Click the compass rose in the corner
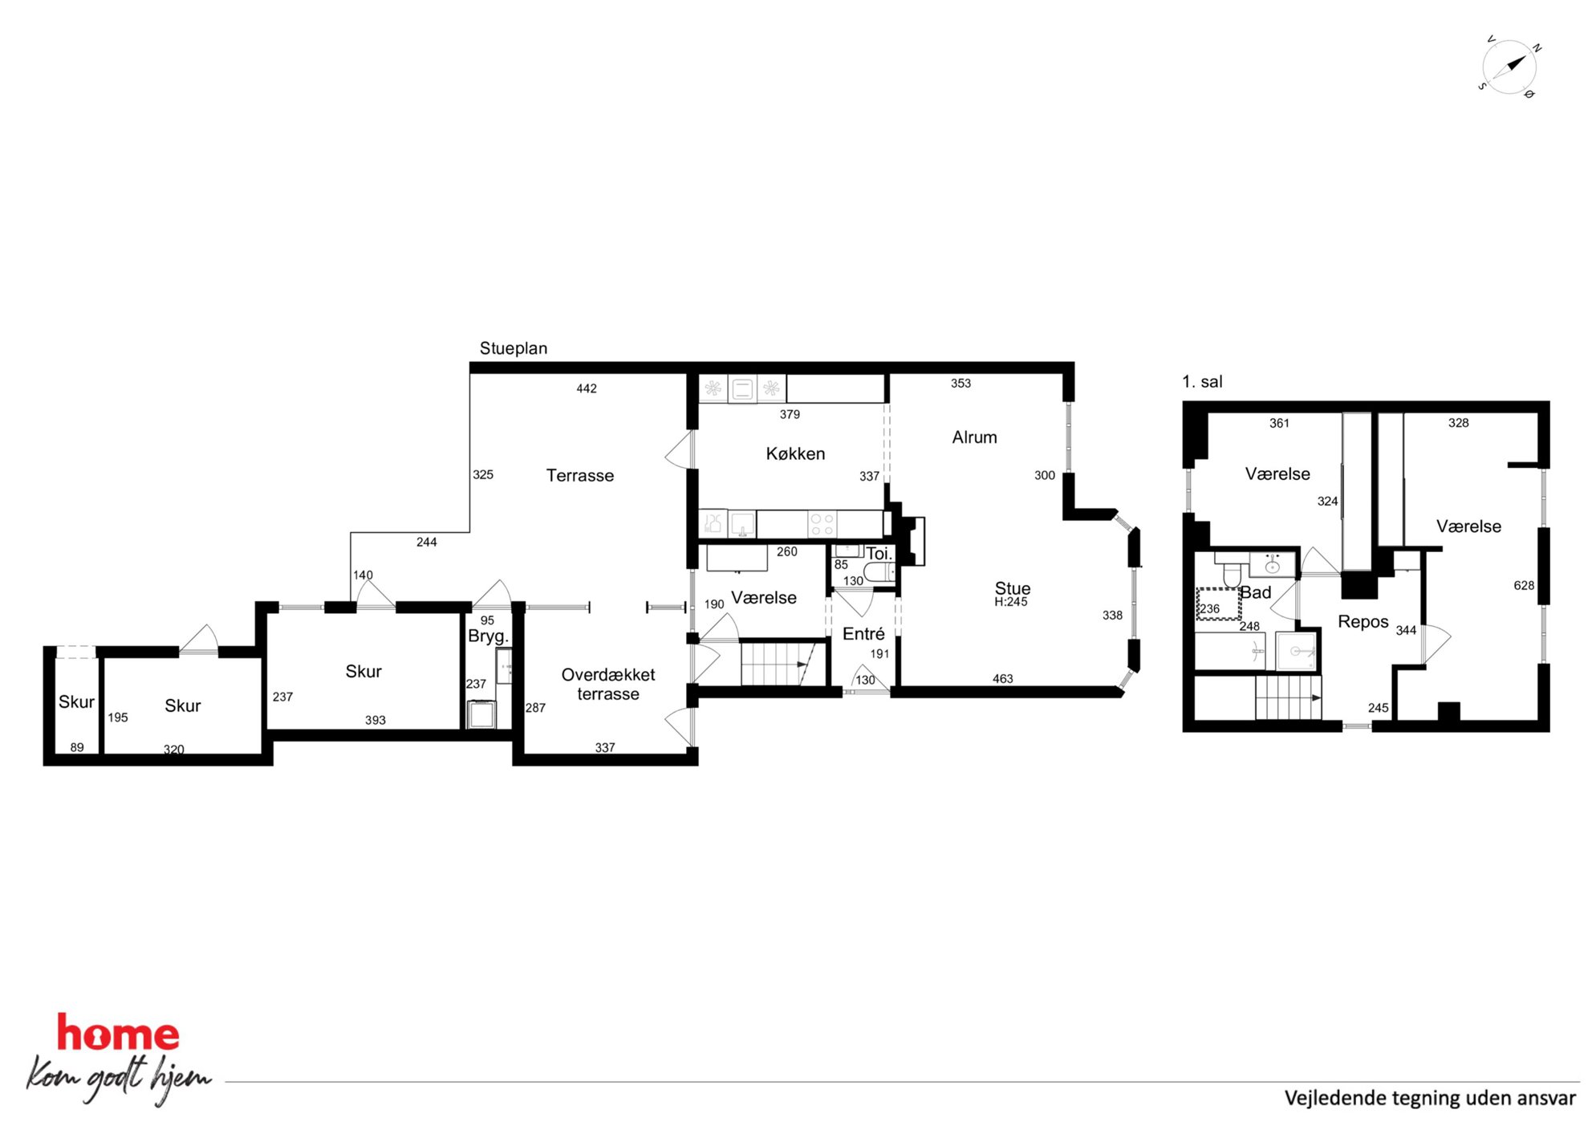(1509, 67)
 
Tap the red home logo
(118, 1033)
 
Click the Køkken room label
(795, 453)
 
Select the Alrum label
(974, 437)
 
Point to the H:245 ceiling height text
(1010, 602)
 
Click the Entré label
(863, 634)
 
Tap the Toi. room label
(879, 554)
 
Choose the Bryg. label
(488, 636)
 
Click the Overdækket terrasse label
(608, 685)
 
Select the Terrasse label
(580, 475)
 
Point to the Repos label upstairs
(1363, 622)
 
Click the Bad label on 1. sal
(1256, 592)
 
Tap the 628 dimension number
(1524, 585)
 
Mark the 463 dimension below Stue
(1002, 679)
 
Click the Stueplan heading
(514, 348)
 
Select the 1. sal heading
(1202, 382)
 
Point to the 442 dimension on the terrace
(587, 388)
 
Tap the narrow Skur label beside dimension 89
(76, 702)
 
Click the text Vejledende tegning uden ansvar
(1430, 1098)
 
